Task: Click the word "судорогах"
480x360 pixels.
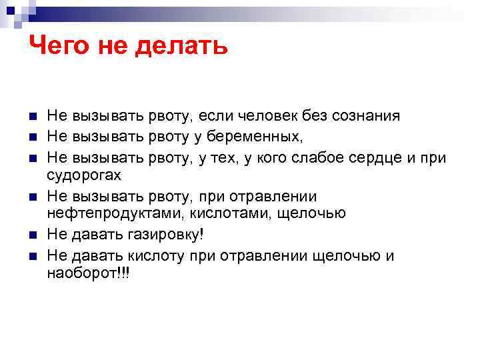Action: click(x=84, y=175)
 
